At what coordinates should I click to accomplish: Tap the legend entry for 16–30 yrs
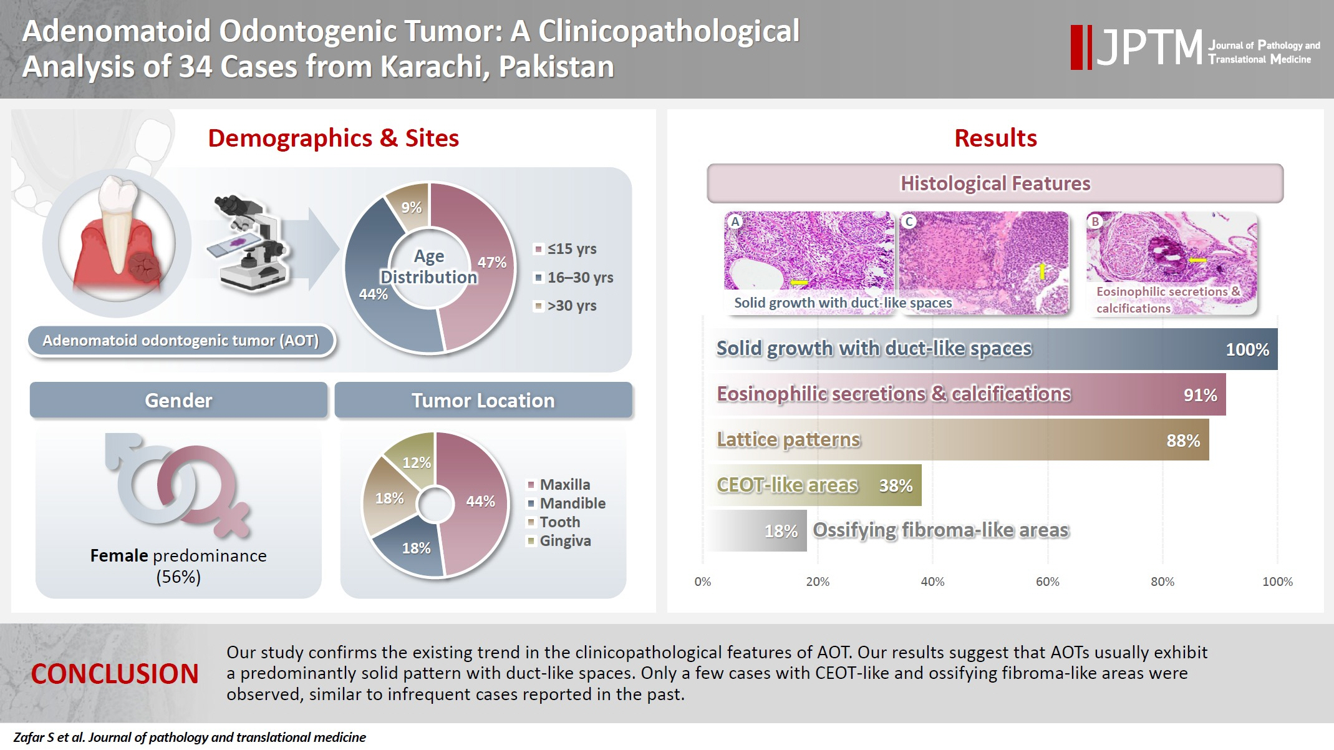pos(574,278)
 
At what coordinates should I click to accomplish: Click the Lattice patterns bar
pos(957,440)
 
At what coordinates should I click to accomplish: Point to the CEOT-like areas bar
pos(814,485)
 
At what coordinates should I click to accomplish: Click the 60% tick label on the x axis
pos(1047,582)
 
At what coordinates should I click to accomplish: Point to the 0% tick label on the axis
pos(702,582)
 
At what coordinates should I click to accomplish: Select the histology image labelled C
pos(984,262)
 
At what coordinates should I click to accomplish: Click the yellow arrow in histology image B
pos(1197,260)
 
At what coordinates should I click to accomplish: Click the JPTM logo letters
pos(1149,47)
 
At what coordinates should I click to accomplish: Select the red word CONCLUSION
pos(115,675)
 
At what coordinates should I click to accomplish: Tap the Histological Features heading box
pos(995,183)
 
